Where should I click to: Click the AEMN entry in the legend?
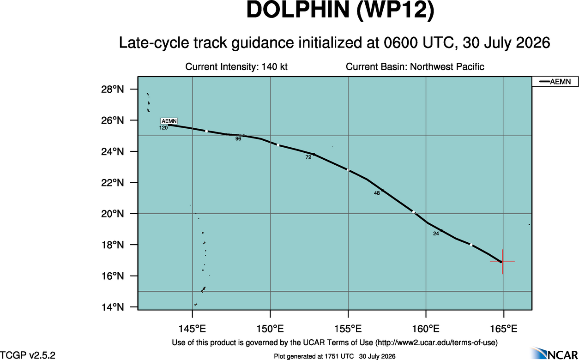(555, 82)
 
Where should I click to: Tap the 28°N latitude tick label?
(113, 90)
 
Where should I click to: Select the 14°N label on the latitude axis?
(113, 307)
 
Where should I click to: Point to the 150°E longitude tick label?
(270, 329)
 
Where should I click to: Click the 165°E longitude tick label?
(504, 329)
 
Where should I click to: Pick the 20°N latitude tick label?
(113, 214)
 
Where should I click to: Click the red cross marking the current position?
(502, 262)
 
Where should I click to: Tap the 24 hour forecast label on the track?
(436, 234)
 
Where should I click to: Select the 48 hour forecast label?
(377, 193)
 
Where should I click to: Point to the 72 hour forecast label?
(308, 157)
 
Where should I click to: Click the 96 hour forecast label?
(238, 139)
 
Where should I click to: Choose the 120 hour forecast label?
(163, 128)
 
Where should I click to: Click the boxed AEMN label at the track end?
(169, 121)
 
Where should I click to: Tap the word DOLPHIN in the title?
(298, 10)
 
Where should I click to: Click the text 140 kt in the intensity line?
(275, 66)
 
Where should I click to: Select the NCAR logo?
(555, 353)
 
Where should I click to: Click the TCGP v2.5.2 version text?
(28, 355)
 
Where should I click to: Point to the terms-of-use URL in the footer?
(436, 342)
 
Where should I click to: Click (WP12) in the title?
(395, 10)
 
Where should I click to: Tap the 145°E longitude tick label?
(193, 329)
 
